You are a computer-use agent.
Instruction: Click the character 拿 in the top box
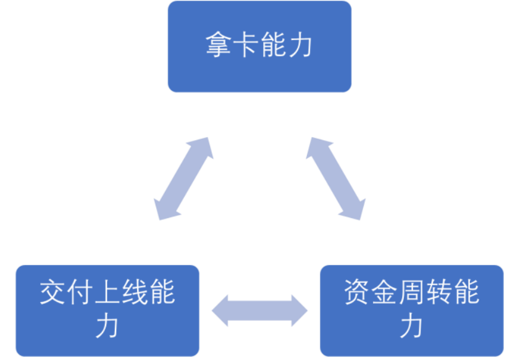(x=219, y=45)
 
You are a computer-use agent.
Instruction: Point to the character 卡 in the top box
(x=246, y=45)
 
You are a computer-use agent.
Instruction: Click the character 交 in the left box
(x=53, y=293)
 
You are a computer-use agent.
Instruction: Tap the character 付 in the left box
(x=80, y=293)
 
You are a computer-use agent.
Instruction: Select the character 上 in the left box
(x=107, y=293)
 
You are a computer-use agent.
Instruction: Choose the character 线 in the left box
(x=135, y=293)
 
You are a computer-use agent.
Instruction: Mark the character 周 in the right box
(x=412, y=293)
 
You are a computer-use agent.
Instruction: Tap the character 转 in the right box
(x=439, y=293)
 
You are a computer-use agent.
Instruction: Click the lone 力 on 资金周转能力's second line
(x=412, y=325)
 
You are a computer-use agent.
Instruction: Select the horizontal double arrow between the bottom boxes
(x=259, y=310)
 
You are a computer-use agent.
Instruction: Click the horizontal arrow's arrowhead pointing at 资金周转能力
(x=299, y=310)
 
